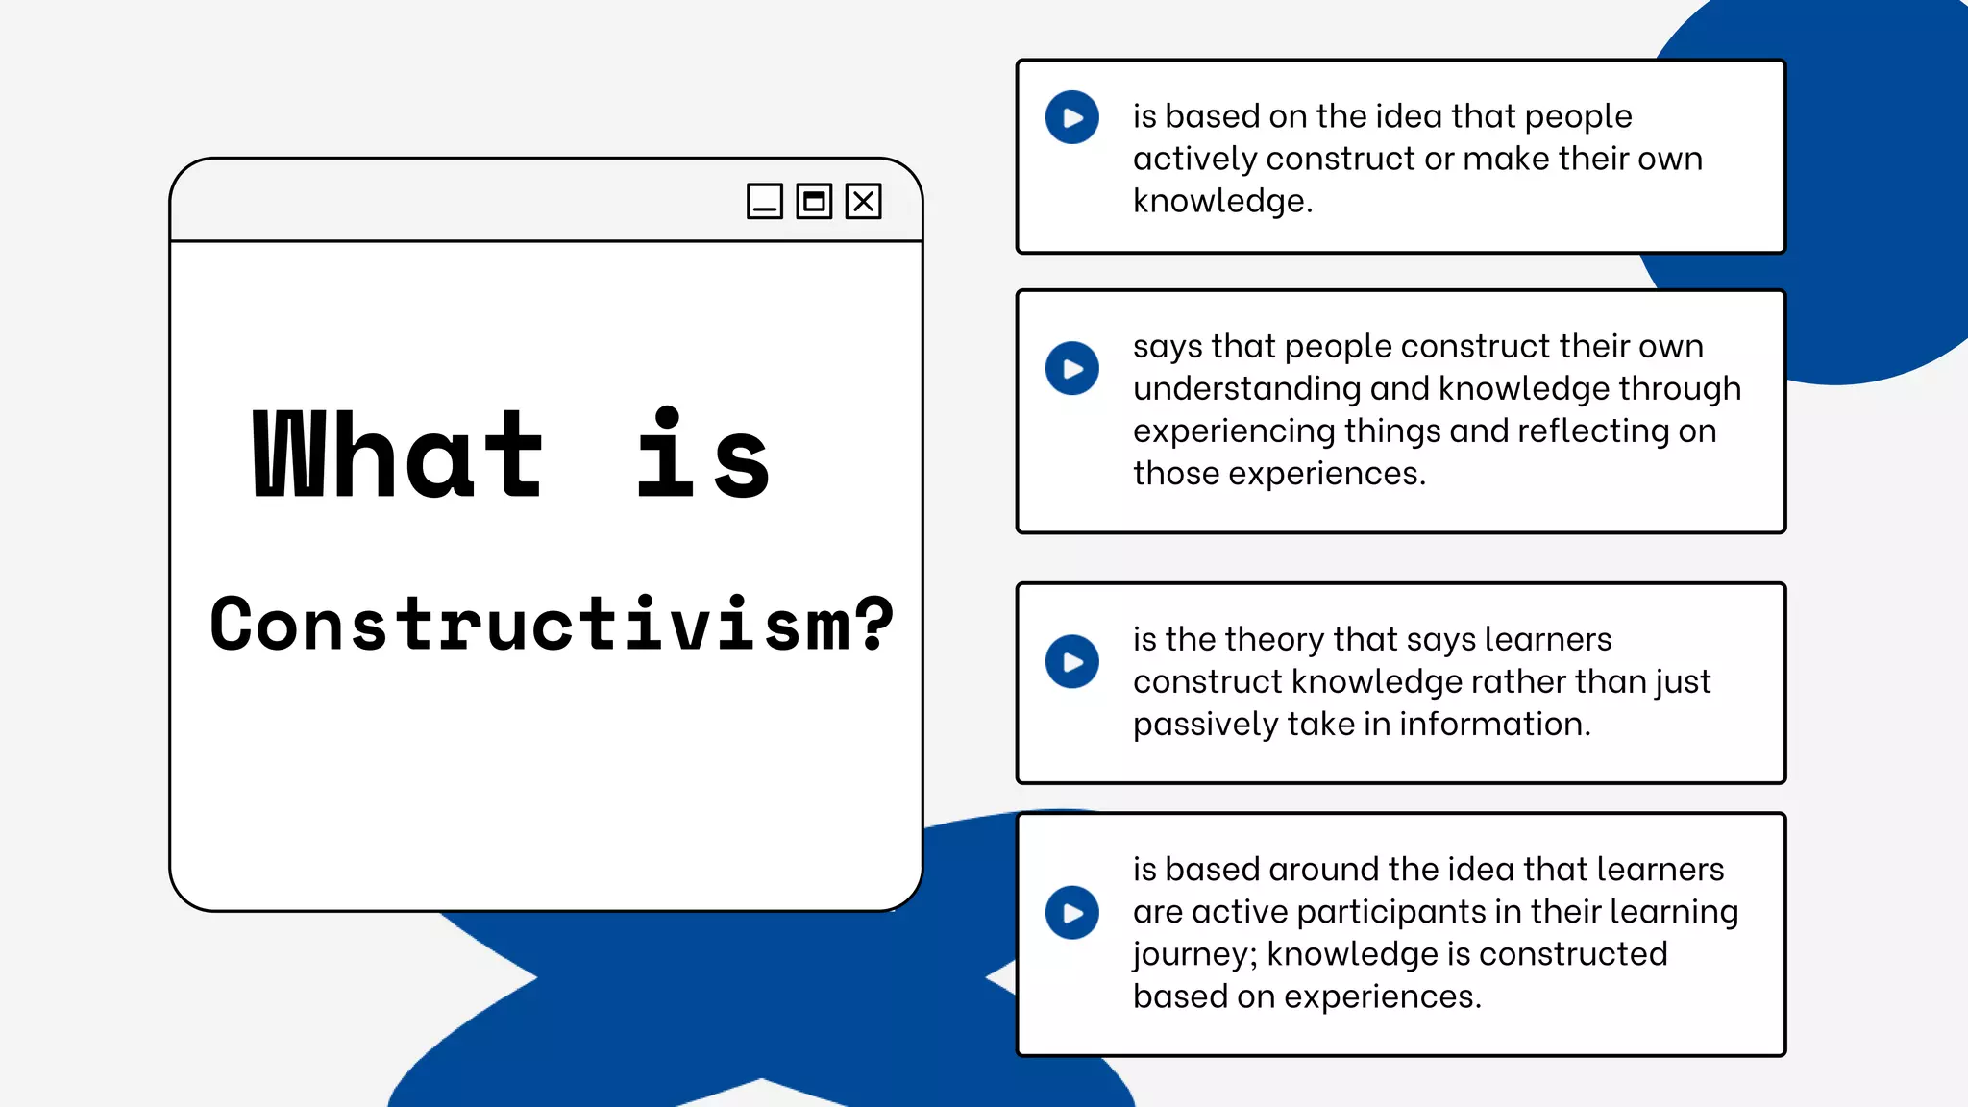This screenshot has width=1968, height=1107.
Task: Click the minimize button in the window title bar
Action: tap(765, 202)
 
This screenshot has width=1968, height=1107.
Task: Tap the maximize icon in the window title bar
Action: tap(814, 202)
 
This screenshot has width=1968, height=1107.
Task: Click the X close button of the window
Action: tap(863, 202)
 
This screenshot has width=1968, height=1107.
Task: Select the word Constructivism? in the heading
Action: tap(552, 625)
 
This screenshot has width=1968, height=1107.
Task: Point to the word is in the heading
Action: tap(702, 455)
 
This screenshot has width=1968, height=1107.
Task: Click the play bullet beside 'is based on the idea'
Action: tap(1072, 117)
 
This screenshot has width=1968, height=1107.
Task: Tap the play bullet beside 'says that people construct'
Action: tap(1072, 368)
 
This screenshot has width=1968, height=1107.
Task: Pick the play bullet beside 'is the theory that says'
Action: tap(1072, 661)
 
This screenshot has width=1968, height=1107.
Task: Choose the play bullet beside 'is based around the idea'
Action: tap(1072, 912)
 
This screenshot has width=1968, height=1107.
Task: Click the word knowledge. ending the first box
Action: tap(1222, 201)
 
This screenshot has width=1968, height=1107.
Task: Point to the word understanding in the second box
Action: tap(1246, 388)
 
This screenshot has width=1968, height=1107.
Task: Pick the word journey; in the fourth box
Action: tap(1194, 954)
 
